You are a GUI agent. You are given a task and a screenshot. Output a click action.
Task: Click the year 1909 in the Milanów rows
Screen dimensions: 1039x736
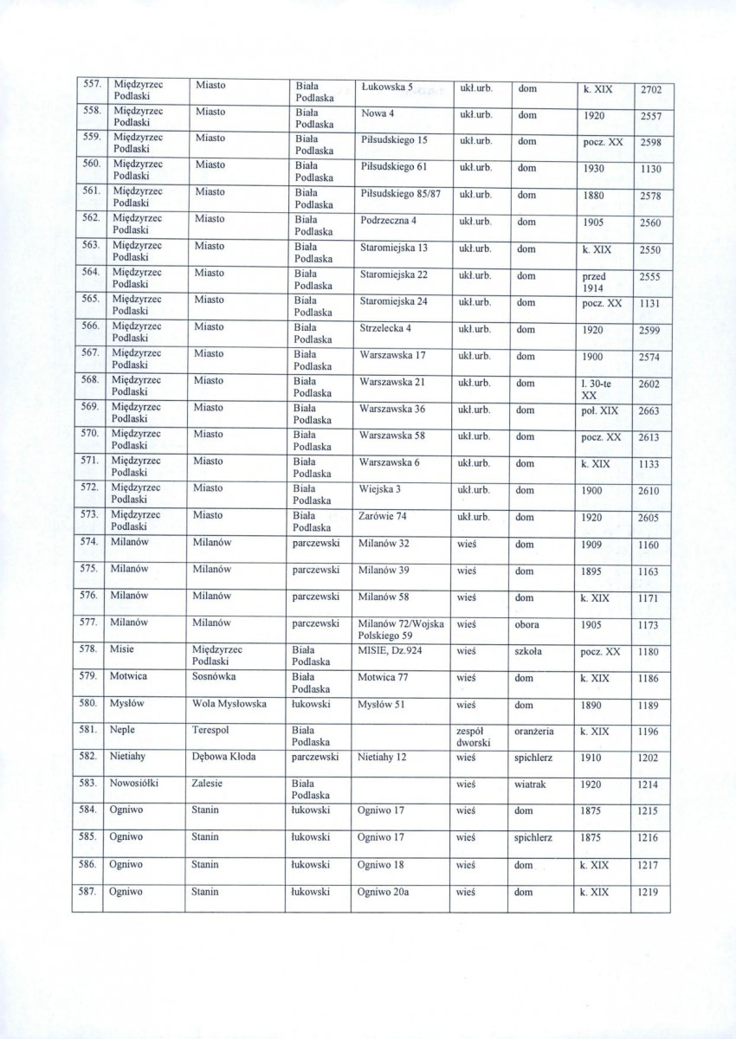pyautogui.click(x=593, y=545)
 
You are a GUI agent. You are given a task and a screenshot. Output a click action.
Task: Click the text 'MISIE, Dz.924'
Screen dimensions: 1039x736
pyautogui.click(x=391, y=650)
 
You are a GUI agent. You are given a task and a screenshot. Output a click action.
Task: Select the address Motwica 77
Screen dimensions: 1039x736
pyautogui.click(x=386, y=678)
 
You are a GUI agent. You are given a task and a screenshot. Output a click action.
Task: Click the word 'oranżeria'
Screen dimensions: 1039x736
pyautogui.click(x=534, y=731)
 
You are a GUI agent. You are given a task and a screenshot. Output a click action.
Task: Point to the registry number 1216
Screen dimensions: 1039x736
pyautogui.click(x=648, y=839)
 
